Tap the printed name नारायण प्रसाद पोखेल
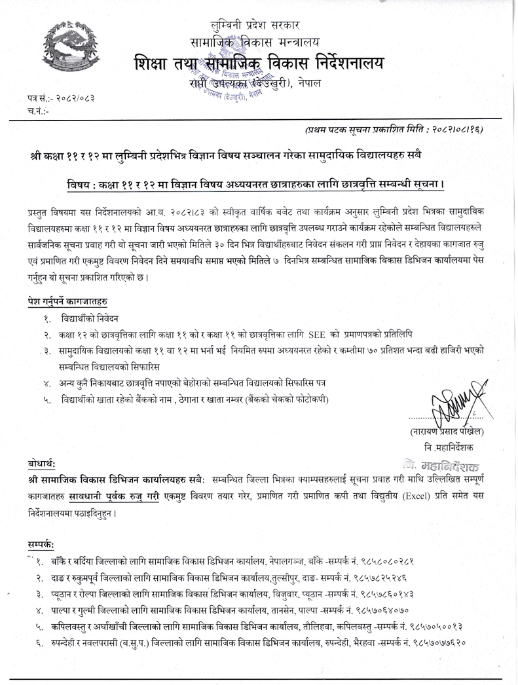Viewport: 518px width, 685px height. tap(456, 431)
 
